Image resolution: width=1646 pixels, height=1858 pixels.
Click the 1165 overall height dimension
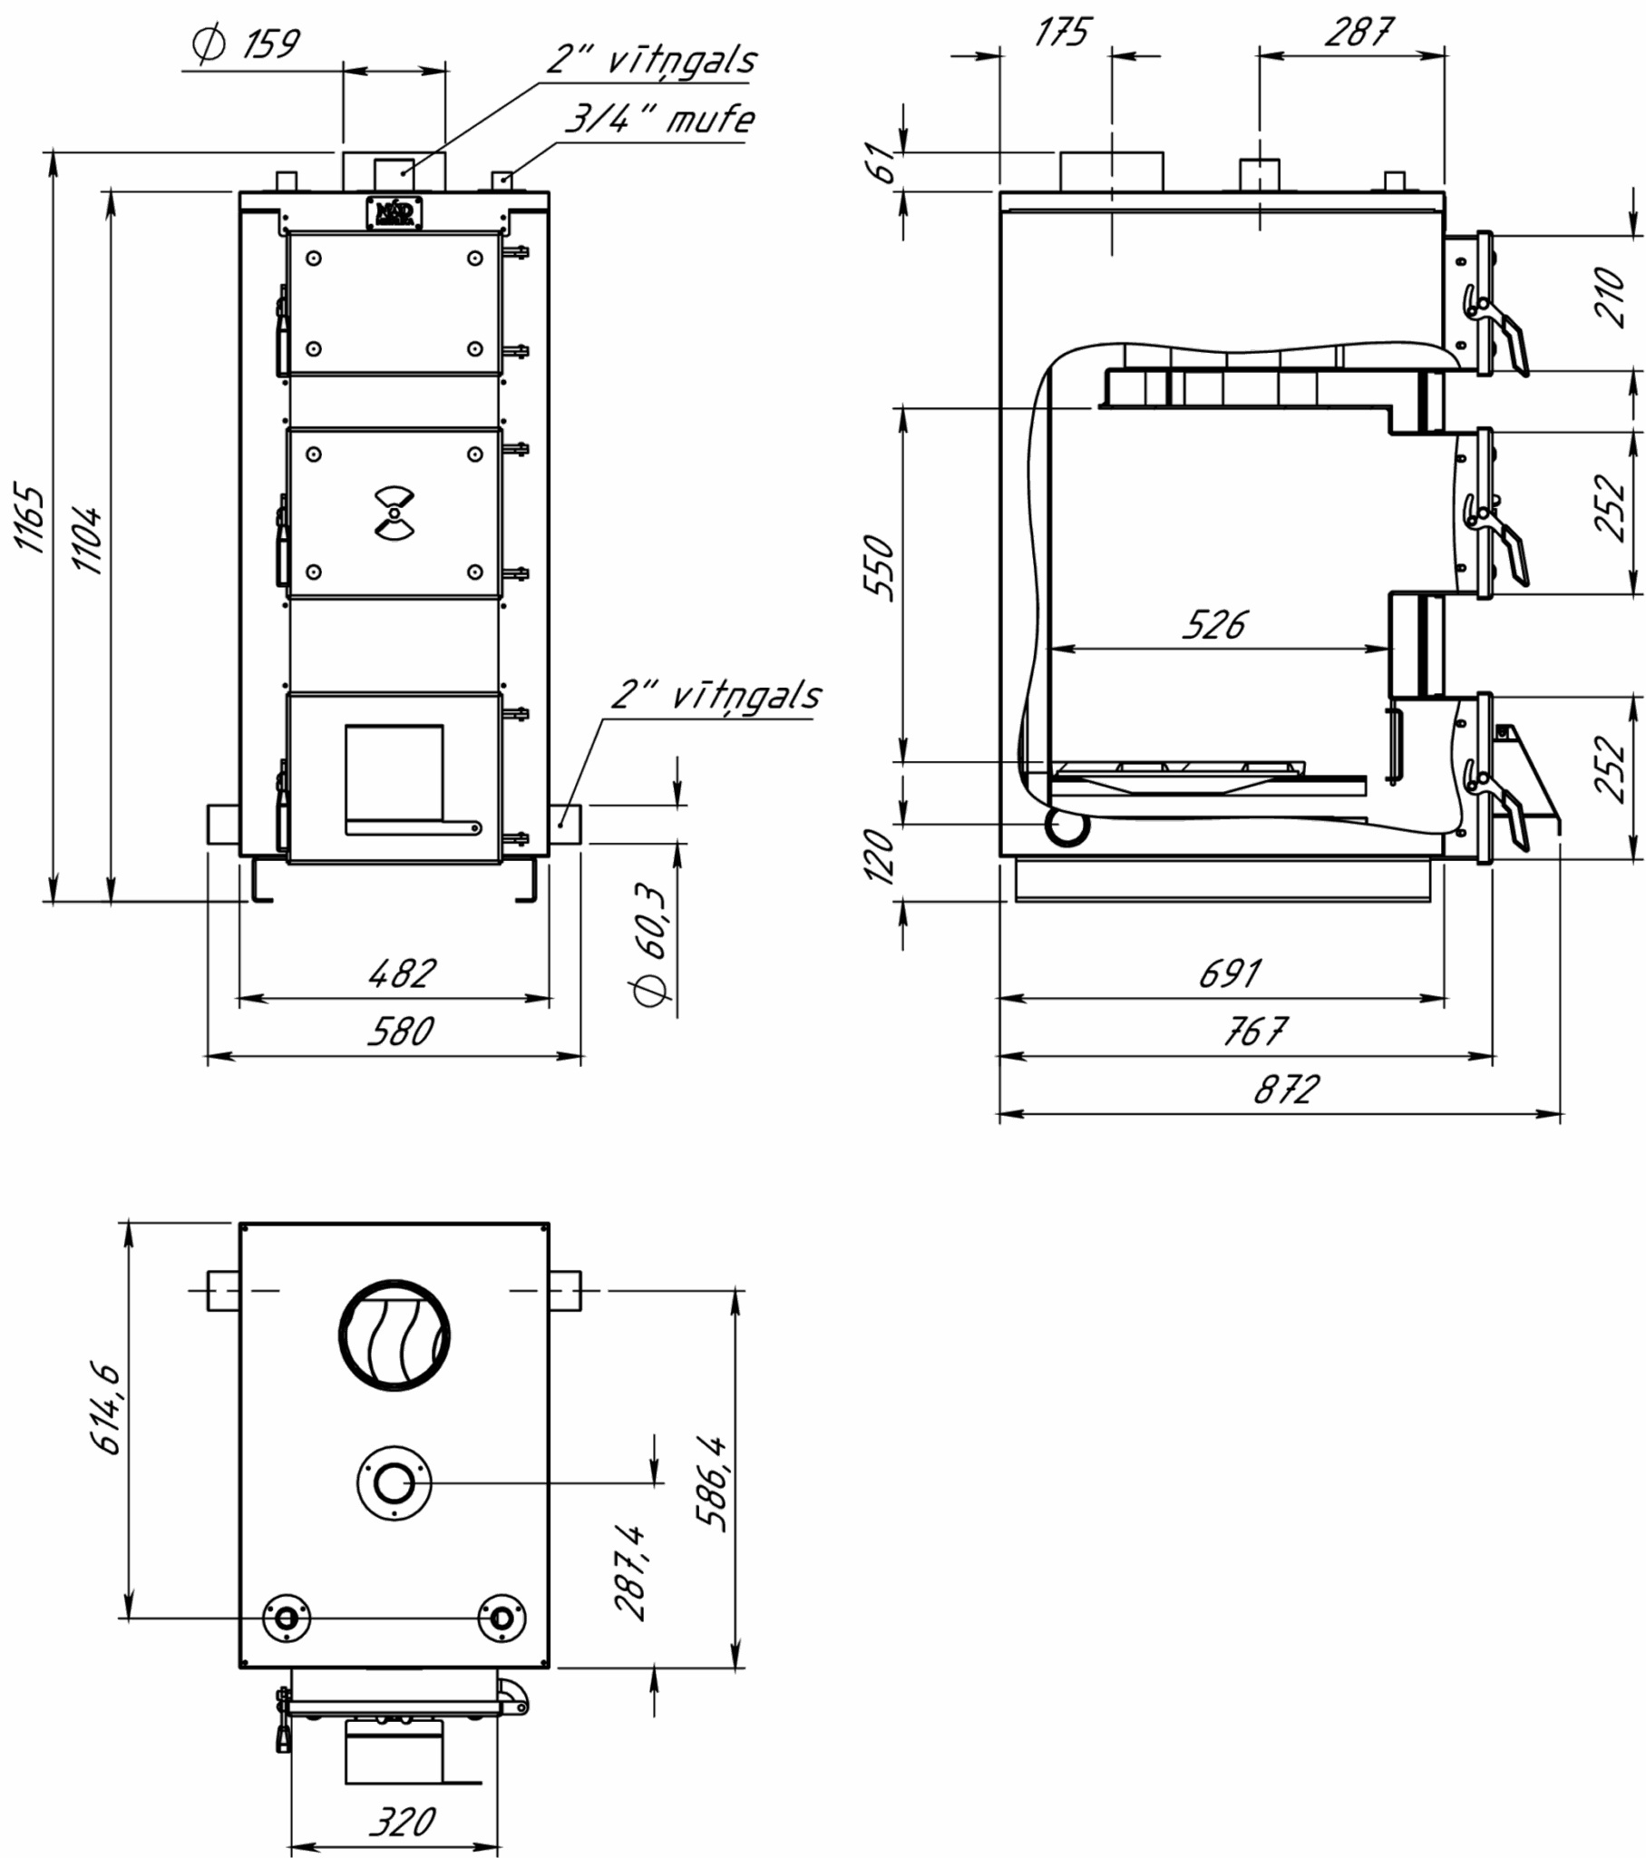pyautogui.click(x=29, y=519)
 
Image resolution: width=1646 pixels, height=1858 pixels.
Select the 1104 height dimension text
pyautogui.click(x=87, y=542)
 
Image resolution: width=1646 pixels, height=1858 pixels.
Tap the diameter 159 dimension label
pyautogui.click(x=246, y=44)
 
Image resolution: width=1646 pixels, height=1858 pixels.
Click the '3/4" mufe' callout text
pyautogui.click(x=660, y=119)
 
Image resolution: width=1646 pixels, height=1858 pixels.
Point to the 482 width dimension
pyautogui.click(x=403, y=973)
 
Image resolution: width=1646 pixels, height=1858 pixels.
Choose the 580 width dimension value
pyautogui.click(x=401, y=1032)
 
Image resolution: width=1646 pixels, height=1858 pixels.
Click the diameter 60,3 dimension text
pyautogui.click(x=653, y=944)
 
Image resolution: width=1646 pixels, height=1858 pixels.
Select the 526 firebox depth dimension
pyautogui.click(x=1216, y=624)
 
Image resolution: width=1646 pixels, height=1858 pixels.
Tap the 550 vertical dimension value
pyautogui.click(x=879, y=568)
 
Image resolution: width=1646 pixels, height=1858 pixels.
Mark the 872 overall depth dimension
pyautogui.click(x=1286, y=1089)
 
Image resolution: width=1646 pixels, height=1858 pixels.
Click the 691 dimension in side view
pyautogui.click(x=1231, y=973)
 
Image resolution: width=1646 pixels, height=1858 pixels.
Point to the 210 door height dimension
pyautogui.click(x=1609, y=298)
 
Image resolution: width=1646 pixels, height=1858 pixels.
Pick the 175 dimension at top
pyautogui.click(x=1062, y=33)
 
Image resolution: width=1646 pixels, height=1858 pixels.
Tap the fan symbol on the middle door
pyautogui.click(x=394, y=513)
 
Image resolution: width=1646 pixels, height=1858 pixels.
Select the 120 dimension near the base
pyautogui.click(x=879, y=855)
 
